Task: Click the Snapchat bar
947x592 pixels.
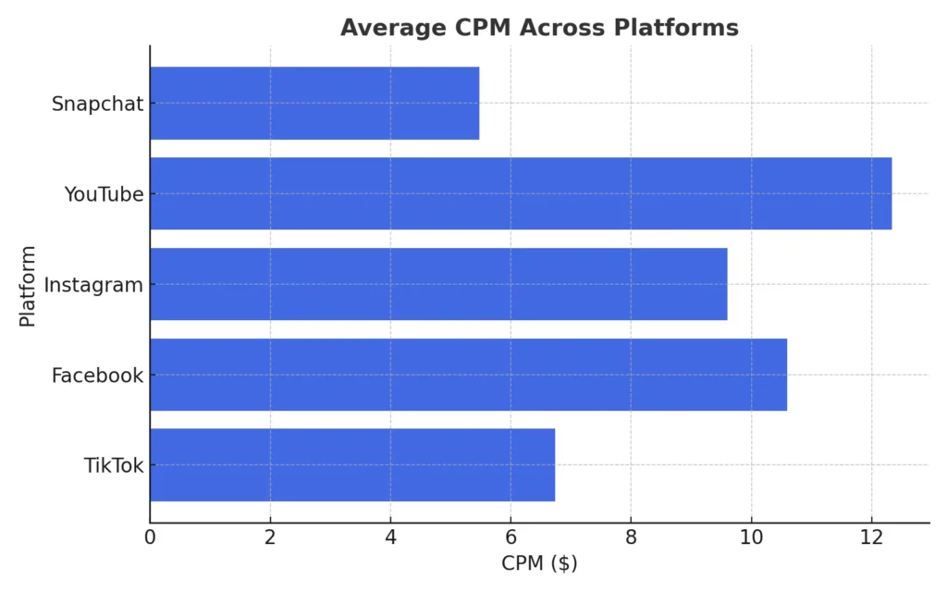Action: (314, 103)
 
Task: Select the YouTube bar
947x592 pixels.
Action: (521, 193)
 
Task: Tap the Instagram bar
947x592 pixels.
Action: (438, 284)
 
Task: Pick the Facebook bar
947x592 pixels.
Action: (468, 375)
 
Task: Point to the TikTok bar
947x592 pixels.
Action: (352, 464)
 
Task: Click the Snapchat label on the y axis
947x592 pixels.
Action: (97, 104)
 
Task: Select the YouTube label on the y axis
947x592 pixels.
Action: (104, 194)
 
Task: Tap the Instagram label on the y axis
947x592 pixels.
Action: (93, 285)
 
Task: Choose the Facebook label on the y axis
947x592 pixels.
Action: (97, 376)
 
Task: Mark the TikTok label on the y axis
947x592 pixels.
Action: (114, 465)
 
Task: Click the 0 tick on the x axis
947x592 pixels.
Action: (150, 536)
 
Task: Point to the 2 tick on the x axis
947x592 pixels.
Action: (270, 536)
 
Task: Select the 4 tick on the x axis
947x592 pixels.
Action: (390, 536)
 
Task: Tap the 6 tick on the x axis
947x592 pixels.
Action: (510, 536)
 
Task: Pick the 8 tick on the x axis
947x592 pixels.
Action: (631, 536)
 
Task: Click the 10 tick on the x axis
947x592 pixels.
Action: (751, 536)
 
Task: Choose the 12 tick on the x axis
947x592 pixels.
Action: (871, 536)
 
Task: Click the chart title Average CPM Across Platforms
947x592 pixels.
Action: (539, 28)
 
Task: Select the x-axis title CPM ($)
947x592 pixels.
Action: (539, 563)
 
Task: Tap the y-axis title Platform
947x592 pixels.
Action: (28, 286)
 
